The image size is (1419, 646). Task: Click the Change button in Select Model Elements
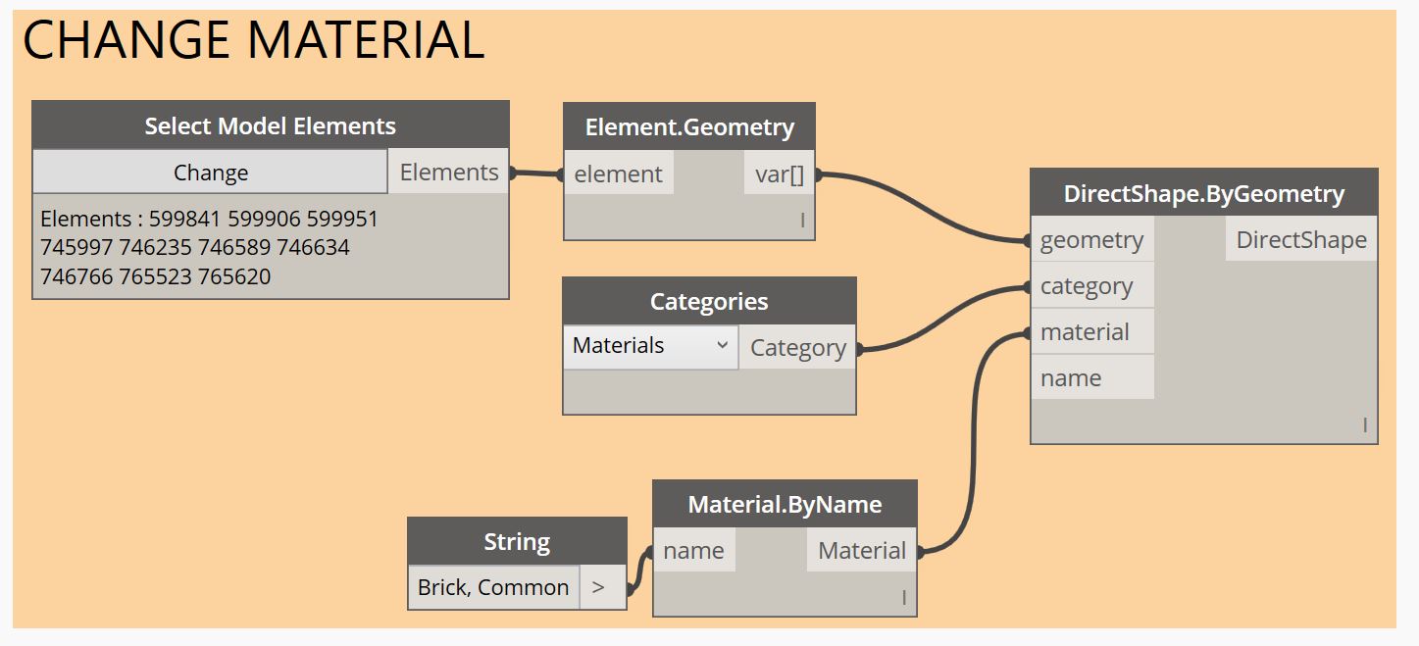click(211, 173)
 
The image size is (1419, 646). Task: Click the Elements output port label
click(449, 173)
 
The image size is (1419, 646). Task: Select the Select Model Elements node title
click(270, 125)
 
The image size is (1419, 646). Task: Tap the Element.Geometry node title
click(689, 127)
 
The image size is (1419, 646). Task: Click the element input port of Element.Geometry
click(618, 174)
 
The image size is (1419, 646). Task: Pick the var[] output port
click(780, 174)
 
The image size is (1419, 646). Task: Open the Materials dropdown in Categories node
click(650, 346)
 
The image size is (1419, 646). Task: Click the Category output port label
click(797, 348)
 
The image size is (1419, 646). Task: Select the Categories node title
click(709, 302)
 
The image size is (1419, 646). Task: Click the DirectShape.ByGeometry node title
click(1203, 193)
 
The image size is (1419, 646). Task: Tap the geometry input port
click(1091, 240)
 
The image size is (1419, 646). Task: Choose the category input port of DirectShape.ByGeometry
click(1087, 286)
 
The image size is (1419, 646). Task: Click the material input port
click(1085, 332)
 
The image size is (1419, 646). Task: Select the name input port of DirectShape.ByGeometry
click(1071, 378)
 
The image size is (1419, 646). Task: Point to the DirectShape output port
click(1300, 240)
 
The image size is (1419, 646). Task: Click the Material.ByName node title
click(785, 505)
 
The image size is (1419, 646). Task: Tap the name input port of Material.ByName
click(693, 551)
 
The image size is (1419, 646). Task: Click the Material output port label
click(861, 551)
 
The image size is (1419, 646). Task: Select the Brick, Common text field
click(493, 587)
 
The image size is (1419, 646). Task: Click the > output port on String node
click(599, 587)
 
